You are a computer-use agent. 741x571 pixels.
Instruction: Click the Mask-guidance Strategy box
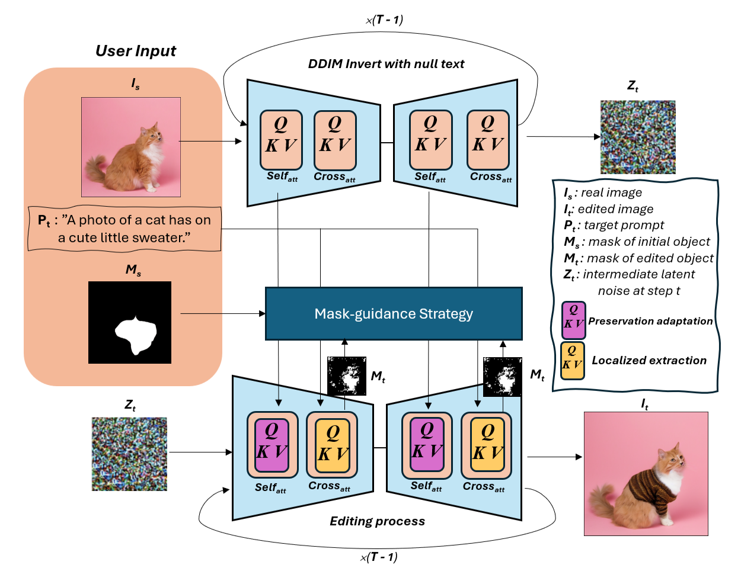pos(394,313)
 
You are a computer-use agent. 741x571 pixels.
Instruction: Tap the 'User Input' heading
pos(136,51)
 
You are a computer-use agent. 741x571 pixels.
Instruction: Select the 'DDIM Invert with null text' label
pos(386,64)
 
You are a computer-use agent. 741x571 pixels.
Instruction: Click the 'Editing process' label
pos(377,521)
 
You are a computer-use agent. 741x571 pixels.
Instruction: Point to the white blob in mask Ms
pos(136,335)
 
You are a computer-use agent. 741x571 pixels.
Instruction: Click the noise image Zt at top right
pos(638,137)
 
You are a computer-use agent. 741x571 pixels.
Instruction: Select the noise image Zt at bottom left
pos(129,454)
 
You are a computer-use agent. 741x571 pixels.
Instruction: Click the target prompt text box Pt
pos(125,229)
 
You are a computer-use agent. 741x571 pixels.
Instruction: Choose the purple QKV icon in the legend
pos(573,320)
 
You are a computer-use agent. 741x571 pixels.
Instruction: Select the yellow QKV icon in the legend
pos(572,360)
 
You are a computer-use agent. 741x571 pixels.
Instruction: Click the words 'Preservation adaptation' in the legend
pos(650,321)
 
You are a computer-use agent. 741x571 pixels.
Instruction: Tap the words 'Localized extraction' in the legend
pos(649,360)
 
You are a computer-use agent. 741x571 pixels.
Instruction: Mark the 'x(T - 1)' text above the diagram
pos(384,20)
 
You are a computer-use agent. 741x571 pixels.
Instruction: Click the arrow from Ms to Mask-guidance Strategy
pos(222,313)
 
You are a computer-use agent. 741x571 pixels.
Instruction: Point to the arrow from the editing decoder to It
pos(554,457)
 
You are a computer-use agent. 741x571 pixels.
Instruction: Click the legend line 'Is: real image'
pos(603,193)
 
